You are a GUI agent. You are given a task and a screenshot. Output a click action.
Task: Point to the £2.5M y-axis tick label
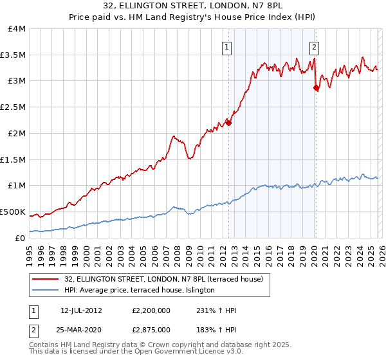pos(13,107)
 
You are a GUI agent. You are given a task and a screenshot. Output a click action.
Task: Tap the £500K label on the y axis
pos(13,212)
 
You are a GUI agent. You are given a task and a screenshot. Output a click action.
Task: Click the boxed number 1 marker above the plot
pos(228,46)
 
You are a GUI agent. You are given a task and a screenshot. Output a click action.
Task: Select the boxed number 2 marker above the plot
pos(314,46)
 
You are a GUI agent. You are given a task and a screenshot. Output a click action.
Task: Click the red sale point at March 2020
pos(316,88)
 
